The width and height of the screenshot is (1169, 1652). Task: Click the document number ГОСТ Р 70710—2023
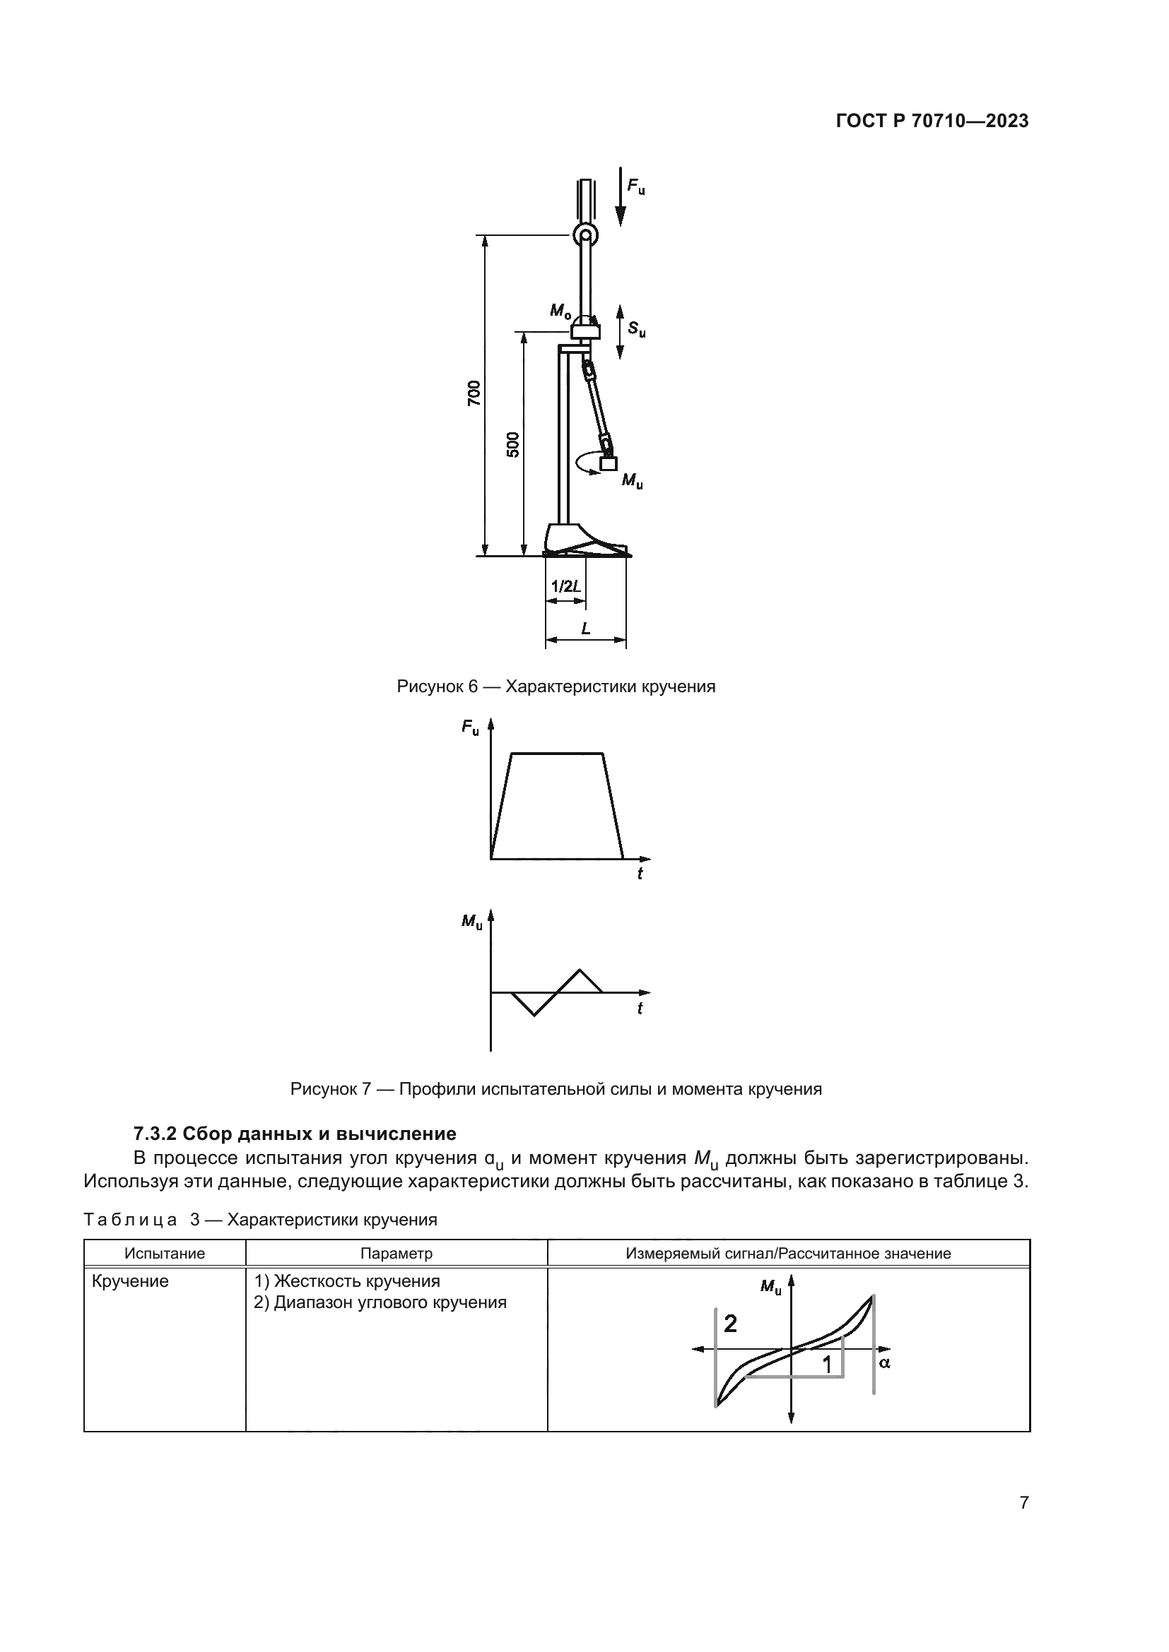click(x=932, y=121)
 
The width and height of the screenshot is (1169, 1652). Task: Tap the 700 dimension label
click(x=473, y=393)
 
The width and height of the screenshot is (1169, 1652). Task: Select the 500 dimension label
click(x=512, y=445)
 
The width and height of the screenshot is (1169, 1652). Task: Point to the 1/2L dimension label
click(x=566, y=586)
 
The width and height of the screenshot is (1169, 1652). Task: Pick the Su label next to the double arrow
click(x=636, y=330)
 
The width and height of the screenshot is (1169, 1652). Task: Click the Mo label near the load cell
click(x=560, y=311)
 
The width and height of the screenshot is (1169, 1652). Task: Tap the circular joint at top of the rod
click(x=584, y=234)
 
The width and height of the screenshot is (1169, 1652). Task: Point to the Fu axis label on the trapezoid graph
click(x=470, y=727)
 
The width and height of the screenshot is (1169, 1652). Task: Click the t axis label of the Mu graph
click(x=639, y=1009)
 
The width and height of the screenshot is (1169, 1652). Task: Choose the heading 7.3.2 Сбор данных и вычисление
click(x=295, y=1134)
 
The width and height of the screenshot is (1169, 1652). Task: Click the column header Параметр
click(x=396, y=1254)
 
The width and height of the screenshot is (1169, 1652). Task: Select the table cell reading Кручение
click(x=130, y=1281)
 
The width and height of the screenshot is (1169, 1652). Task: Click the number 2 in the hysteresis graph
click(x=730, y=1323)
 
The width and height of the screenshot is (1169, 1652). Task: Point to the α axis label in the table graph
click(x=885, y=1362)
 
